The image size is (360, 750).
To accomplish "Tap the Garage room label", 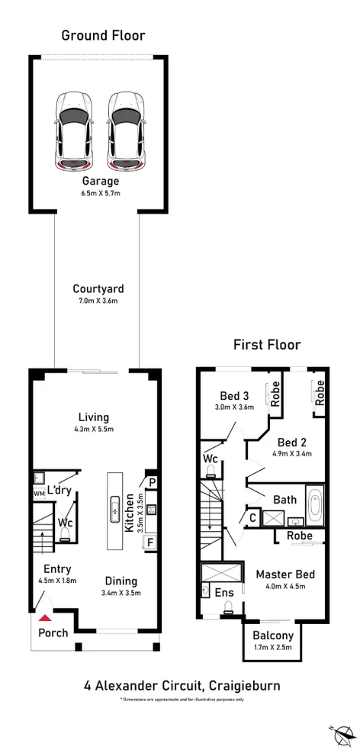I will click(101, 182).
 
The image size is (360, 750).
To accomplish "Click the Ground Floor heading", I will click(103, 35).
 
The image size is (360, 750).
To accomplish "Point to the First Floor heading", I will click(266, 346).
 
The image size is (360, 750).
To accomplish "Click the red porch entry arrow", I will click(47, 618).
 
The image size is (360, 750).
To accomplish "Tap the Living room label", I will click(94, 417).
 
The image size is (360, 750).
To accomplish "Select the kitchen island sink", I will click(114, 504).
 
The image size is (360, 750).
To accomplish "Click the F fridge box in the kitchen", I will click(151, 543).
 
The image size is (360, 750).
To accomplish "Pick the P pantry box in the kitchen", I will click(152, 482).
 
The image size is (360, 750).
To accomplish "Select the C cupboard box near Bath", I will click(252, 518).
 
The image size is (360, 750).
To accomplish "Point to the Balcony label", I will click(272, 636).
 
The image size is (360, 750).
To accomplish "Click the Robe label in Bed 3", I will click(275, 392).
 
